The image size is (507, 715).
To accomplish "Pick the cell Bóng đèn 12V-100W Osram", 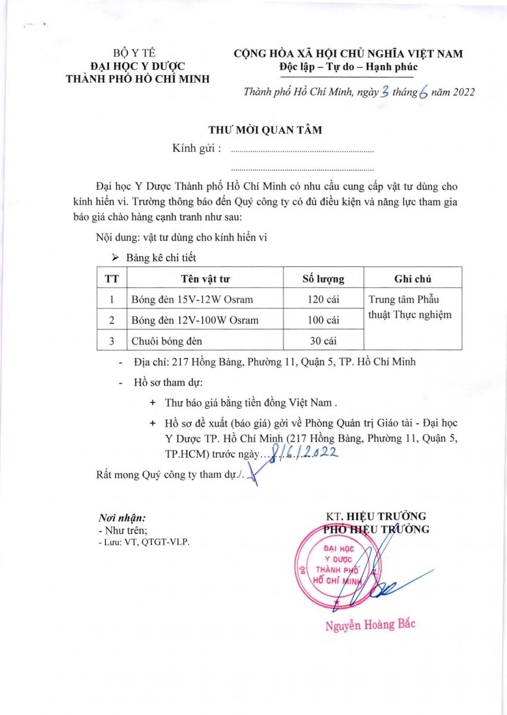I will [195, 320].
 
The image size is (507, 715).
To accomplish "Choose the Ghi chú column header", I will [412, 278].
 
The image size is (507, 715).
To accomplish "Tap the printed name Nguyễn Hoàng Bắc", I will [369, 625].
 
